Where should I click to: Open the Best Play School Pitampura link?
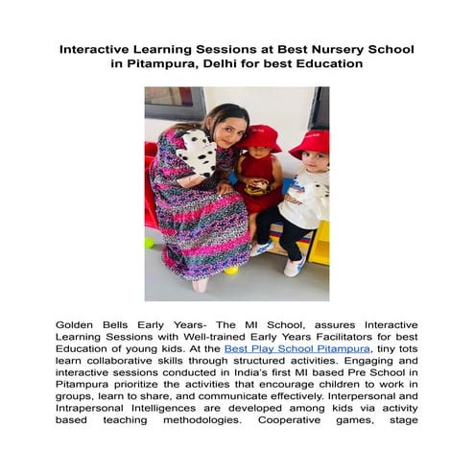pos(289,351)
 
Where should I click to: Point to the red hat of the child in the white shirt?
pos(310,144)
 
